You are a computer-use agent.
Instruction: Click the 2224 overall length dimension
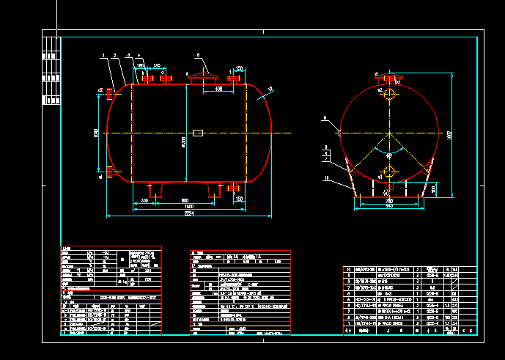point(190,214)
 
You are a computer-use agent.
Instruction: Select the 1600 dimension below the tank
point(190,207)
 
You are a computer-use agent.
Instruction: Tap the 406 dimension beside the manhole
point(218,88)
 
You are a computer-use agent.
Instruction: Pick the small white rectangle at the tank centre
point(198,133)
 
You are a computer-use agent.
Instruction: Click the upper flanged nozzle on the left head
point(109,94)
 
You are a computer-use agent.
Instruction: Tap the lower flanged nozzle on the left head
point(109,172)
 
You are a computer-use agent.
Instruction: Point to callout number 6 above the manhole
point(197,55)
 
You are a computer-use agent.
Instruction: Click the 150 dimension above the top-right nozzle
point(239,69)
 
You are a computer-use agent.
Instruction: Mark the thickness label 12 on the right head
point(270,89)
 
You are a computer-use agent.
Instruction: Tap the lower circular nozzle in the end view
point(388,172)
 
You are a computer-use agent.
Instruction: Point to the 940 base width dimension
point(389,206)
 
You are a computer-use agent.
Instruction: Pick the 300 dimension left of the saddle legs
point(144,199)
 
